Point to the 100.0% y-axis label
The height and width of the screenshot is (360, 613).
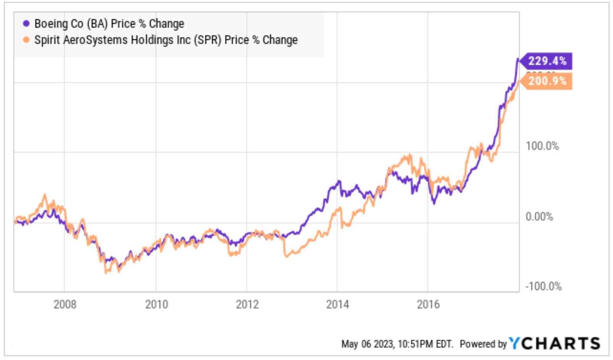click(x=542, y=146)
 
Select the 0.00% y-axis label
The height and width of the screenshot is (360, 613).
click(x=539, y=217)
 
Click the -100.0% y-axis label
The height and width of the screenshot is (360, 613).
click(x=543, y=286)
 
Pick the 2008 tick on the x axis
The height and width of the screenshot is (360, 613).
click(x=65, y=305)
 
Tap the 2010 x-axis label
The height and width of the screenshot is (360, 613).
click(x=156, y=305)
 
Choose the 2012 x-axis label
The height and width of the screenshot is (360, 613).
click(x=247, y=305)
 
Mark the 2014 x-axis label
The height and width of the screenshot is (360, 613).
click(x=337, y=305)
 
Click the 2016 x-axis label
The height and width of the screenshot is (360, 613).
click(x=428, y=305)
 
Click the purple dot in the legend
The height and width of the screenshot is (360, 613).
click(x=26, y=24)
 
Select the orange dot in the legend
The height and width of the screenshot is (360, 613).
click(x=26, y=40)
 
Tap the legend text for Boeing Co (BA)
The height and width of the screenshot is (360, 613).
click(x=109, y=24)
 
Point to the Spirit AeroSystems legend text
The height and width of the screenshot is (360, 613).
click(x=166, y=40)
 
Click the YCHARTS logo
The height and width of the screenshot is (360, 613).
click(x=555, y=343)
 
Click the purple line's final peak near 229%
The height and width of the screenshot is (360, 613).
click(x=518, y=59)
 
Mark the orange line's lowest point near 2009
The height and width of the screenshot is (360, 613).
click(x=106, y=272)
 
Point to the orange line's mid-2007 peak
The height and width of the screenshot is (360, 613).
click(x=44, y=195)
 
